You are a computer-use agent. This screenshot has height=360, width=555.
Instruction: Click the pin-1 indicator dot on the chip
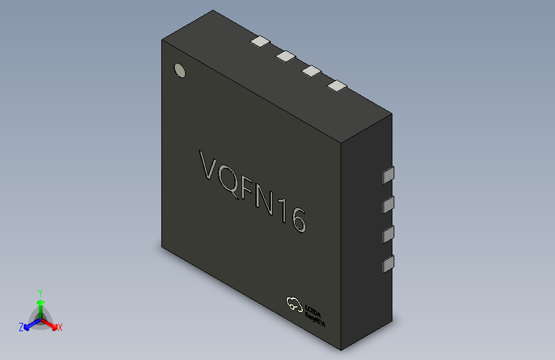tap(180, 70)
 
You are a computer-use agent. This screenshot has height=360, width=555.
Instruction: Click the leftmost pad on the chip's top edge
tap(261, 42)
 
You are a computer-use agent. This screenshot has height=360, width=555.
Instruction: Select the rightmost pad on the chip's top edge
tap(336, 85)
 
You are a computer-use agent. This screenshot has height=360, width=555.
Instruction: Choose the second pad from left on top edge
tap(286, 56)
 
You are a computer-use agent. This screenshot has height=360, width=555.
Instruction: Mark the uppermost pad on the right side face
tap(388, 174)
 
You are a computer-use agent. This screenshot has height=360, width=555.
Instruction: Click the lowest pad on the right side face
tap(388, 265)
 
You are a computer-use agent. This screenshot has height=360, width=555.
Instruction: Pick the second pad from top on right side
tap(388, 205)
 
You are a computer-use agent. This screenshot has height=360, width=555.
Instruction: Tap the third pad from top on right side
tap(388, 235)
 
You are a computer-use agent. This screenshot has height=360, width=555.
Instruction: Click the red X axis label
tap(60, 328)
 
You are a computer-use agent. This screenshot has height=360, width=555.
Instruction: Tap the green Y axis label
tap(40, 291)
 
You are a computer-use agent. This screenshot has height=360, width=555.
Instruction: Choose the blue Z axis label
tap(21, 327)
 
